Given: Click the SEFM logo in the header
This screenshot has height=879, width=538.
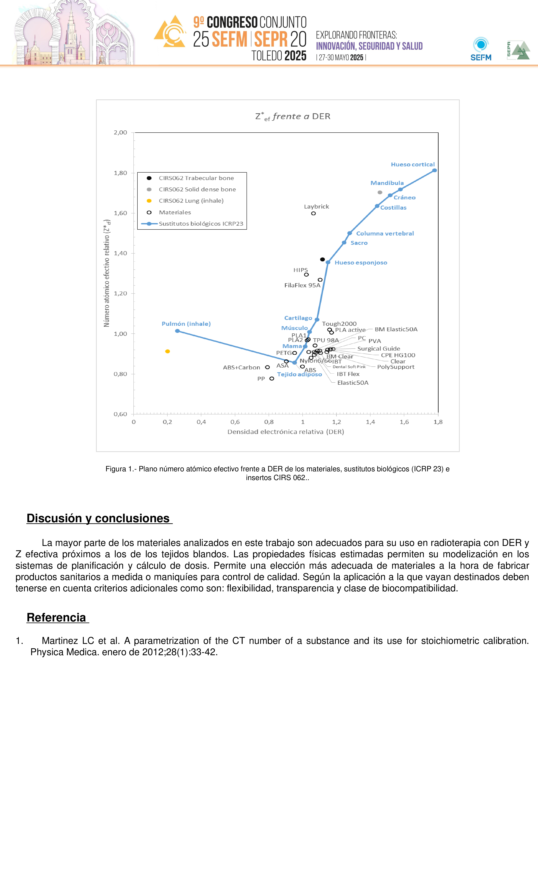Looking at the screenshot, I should pos(481,49).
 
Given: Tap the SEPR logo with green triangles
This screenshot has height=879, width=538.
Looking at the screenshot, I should pos(518,50).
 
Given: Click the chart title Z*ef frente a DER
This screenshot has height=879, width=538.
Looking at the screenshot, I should pos(293,117).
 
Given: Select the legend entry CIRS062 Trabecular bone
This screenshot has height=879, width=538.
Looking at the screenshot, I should pos(196,178).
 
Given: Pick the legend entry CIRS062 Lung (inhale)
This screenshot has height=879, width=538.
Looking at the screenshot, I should pos(191,201).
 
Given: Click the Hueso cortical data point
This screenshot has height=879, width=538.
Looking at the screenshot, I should pos(435,171).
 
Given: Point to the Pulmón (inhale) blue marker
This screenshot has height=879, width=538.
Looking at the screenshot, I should pos(177,331).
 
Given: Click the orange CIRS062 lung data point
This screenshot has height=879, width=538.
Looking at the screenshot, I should pos(167,351).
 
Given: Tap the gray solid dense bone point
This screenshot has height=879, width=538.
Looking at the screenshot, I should pos(380,193).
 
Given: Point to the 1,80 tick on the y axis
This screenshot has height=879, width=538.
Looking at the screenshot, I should pos(120,173).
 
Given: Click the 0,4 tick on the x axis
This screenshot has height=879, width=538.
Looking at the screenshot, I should pos(201,422).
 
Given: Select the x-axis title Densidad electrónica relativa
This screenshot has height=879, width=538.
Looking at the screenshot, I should pos(286,432).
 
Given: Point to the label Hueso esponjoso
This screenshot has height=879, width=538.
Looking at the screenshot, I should pos(361,262).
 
